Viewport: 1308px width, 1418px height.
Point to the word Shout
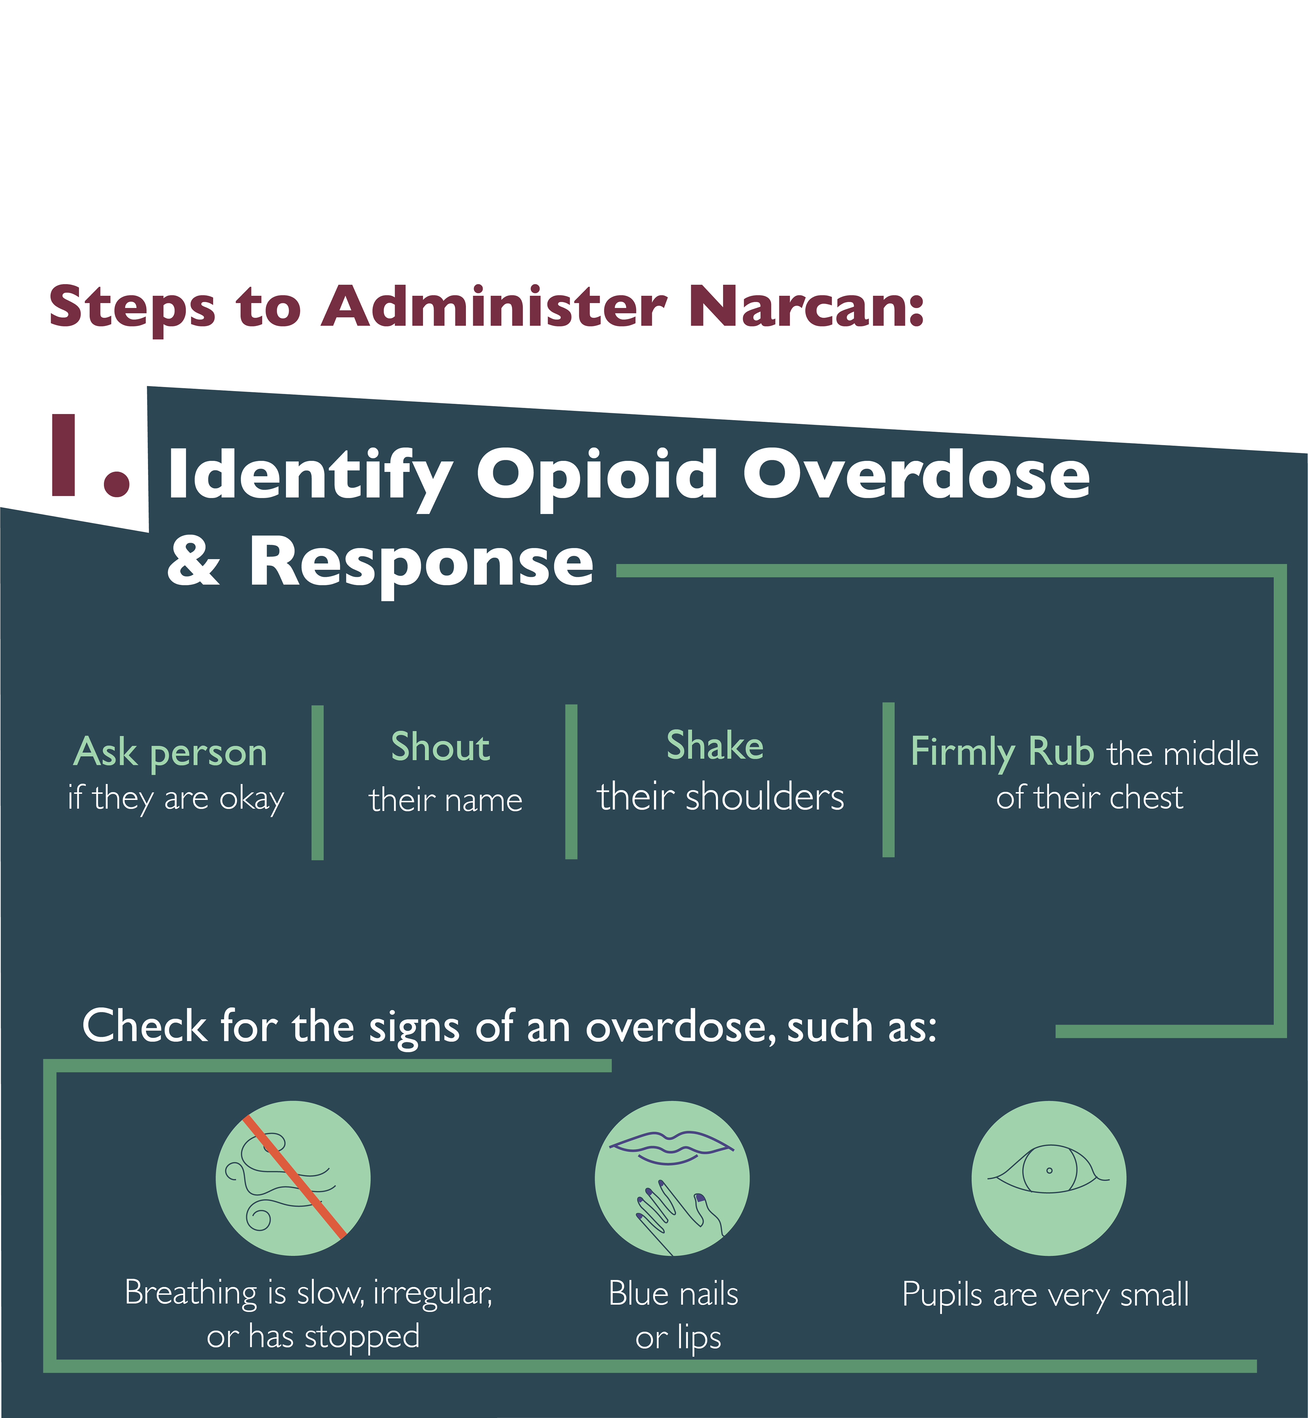[440, 747]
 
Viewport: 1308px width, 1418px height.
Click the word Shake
[715, 746]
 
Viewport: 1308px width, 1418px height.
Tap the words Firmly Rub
[1001, 752]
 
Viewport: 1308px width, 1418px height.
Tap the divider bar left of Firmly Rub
[888, 780]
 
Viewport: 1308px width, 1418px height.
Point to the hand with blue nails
[676, 1211]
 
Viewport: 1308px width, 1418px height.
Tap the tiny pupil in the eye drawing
[1049, 1170]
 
